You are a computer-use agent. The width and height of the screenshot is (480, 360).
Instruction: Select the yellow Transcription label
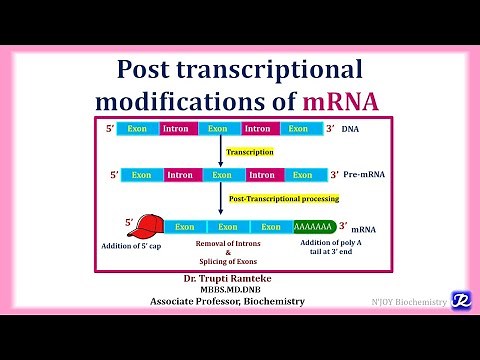(x=249, y=152)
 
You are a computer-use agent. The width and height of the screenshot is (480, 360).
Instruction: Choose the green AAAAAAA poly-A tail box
(x=314, y=227)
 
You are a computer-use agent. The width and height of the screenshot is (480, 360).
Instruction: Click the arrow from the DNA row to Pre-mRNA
(x=220, y=150)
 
